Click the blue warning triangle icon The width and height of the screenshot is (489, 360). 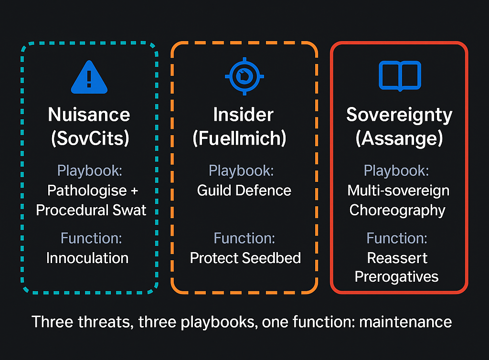coord(89,77)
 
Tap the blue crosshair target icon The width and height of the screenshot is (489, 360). coord(244,76)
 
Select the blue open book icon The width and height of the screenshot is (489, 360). coord(399,75)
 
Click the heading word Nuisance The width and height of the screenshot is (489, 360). coord(89,115)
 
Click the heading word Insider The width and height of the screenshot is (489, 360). coord(243,115)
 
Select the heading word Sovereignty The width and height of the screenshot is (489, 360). coord(399,115)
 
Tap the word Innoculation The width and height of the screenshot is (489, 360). coord(87,258)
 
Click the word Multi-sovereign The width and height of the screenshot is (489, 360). coord(398,191)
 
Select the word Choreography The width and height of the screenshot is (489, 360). coord(397,210)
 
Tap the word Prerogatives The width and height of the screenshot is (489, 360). coord(397,277)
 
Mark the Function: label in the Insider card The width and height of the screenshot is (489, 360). coord(244,238)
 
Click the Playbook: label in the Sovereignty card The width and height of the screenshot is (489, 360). coord(396,170)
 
